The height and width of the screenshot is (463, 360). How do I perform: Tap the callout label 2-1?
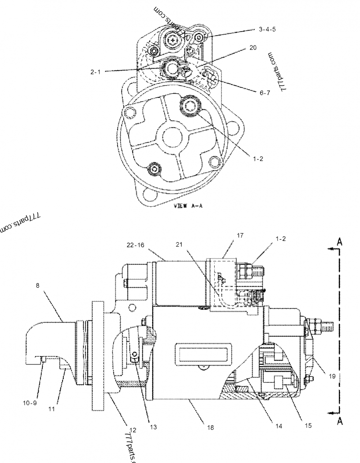(x=95, y=71)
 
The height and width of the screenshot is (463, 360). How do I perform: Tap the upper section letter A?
(x=340, y=242)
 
